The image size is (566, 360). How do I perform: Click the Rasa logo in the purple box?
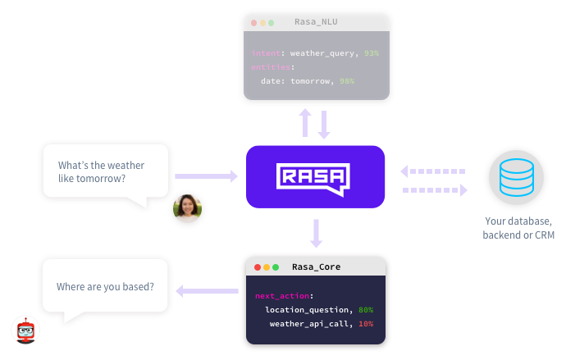314,176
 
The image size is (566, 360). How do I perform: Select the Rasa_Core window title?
317,267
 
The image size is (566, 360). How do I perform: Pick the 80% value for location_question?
365,310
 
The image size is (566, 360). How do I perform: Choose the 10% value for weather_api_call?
365,324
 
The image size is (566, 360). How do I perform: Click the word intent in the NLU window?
266,52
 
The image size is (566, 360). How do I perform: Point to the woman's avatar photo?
187,208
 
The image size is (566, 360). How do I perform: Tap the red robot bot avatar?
25,330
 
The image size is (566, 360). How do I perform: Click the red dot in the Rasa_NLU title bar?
254,22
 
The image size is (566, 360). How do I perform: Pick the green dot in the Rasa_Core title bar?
276,267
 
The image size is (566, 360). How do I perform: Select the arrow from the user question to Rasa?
206,175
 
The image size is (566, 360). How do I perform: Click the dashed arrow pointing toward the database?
435,190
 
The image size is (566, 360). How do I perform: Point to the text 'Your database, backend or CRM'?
518,229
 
